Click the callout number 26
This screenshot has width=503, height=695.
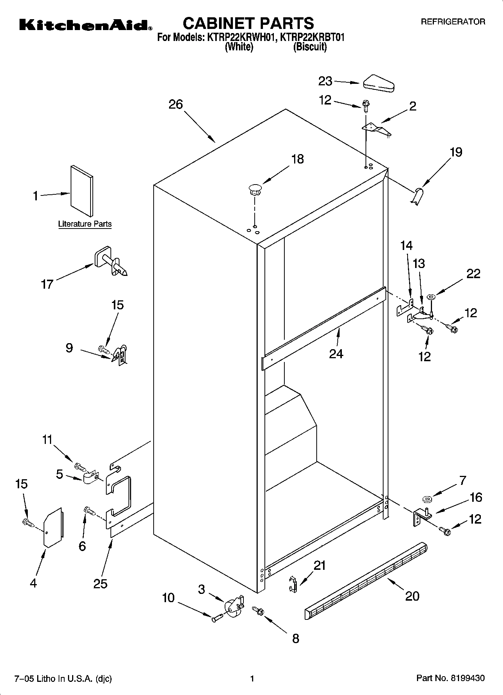point(175,104)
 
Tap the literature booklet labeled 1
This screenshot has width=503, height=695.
point(82,191)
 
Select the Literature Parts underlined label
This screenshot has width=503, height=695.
point(85,224)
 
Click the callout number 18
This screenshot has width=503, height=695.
point(298,159)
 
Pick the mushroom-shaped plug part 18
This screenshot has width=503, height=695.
point(255,189)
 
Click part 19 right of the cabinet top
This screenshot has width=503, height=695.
point(417,196)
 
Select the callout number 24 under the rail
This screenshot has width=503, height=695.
point(336,354)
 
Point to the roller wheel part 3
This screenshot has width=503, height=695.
point(233,606)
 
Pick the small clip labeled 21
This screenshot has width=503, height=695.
point(293,583)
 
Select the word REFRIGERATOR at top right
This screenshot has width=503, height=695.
point(453,22)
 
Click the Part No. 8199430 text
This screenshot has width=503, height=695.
point(450,678)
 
